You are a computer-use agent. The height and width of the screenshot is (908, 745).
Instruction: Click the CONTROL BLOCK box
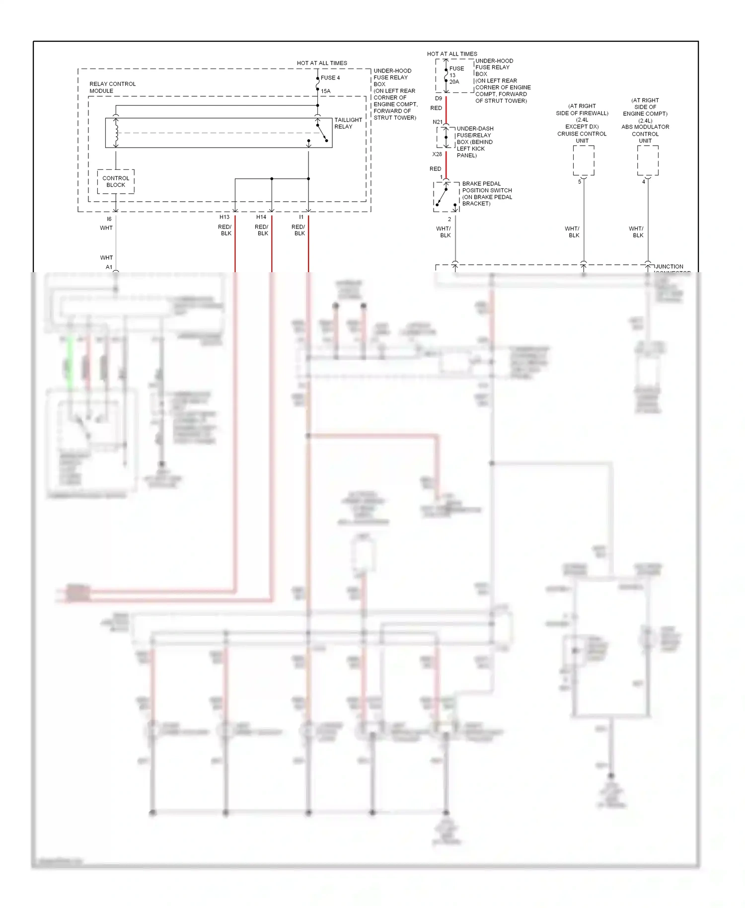click(x=116, y=182)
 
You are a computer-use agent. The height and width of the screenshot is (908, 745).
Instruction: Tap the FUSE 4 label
click(x=330, y=77)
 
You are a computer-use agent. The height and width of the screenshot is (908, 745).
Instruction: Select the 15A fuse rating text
click(x=326, y=91)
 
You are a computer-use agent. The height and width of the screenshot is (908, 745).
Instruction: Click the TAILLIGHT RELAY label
click(x=348, y=123)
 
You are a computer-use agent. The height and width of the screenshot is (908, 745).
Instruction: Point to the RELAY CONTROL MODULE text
click(x=112, y=87)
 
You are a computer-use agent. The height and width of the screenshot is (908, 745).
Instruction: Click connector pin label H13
click(x=224, y=217)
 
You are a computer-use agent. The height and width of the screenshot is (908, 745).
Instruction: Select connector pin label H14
click(x=261, y=217)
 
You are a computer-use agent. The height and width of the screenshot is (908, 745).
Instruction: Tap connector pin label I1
click(x=301, y=217)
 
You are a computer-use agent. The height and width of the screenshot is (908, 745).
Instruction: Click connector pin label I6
click(x=109, y=219)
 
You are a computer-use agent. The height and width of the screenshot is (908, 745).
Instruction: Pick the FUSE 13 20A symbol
click(x=447, y=76)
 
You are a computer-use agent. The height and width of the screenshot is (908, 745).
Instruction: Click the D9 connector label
click(x=439, y=98)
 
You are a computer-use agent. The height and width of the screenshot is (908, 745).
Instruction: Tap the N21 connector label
click(x=438, y=122)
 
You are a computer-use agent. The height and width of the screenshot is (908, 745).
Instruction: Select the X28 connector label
click(x=437, y=154)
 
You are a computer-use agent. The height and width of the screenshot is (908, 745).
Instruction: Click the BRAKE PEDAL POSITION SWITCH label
click(x=486, y=194)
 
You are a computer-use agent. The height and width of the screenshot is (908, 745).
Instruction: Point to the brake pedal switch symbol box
click(x=446, y=197)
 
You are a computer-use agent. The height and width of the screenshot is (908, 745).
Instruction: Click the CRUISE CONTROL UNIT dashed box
click(x=584, y=160)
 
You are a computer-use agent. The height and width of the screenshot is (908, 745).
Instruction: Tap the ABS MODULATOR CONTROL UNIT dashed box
click(x=648, y=160)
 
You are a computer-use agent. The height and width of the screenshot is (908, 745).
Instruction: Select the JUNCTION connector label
click(x=669, y=267)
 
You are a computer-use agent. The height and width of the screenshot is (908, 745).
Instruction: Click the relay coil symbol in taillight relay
click(x=116, y=133)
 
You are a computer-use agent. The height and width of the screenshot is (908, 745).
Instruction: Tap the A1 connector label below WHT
click(x=109, y=267)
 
